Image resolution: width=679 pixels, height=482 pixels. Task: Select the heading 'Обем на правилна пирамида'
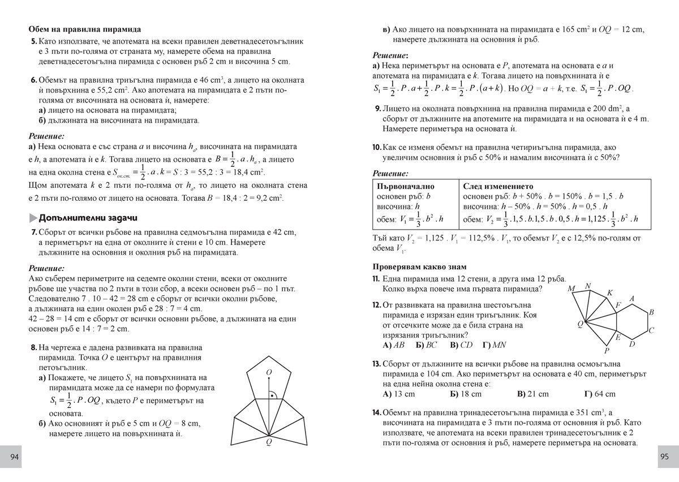click(x=84, y=29)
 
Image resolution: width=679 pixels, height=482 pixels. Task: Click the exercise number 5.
click(x=34, y=41)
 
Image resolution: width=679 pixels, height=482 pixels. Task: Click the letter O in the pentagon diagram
click(x=269, y=372)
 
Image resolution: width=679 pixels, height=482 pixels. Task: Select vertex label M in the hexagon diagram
click(x=572, y=289)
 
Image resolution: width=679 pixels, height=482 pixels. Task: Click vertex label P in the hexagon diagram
click(x=607, y=351)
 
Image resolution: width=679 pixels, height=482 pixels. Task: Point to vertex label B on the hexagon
click(x=651, y=312)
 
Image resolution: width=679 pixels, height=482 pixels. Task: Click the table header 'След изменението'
click(x=498, y=186)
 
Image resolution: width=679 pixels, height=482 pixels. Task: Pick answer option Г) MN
click(x=495, y=345)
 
